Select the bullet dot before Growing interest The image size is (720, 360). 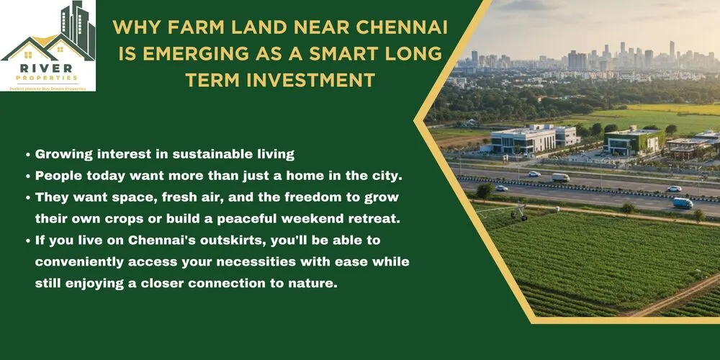[27, 155]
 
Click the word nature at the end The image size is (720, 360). [310, 284]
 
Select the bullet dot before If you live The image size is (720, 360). [27, 241]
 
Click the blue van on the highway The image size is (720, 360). [683, 203]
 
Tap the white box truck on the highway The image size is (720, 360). [560, 177]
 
